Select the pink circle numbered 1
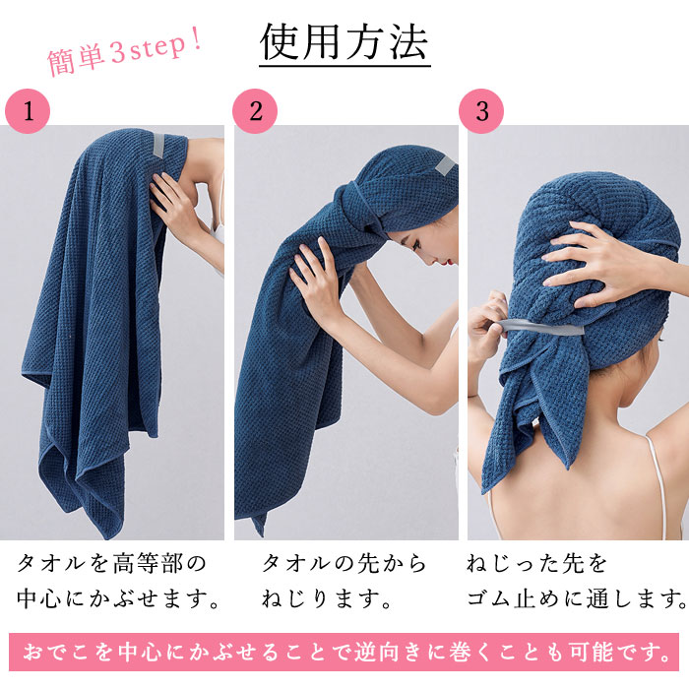pos(28,111)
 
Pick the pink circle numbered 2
pos(255,111)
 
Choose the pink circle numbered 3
pos(481,111)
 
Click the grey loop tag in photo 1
pos(158,145)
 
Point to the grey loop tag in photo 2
pos(445,166)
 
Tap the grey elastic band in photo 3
pos(540,328)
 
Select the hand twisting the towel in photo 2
pos(314,277)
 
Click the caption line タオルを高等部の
pos(111,563)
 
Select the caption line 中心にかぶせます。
pos(118,598)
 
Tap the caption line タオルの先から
pos(344,563)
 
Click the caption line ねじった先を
pos(536,563)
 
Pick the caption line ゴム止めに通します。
pos(577,598)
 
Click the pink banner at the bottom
pos(344,652)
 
